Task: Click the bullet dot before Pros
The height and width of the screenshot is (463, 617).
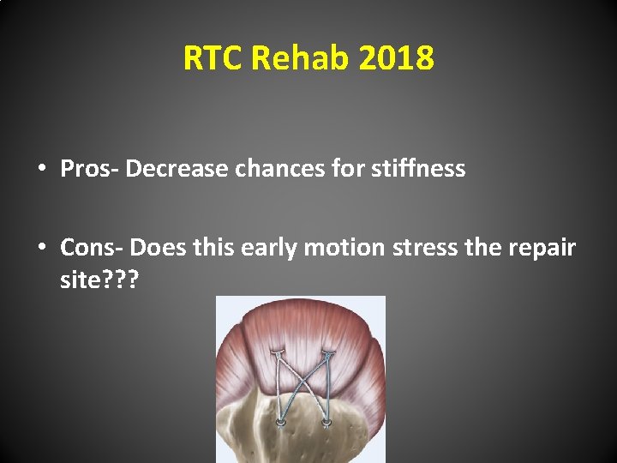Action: (x=42, y=169)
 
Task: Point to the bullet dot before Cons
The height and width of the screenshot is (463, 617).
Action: (x=42, y=249)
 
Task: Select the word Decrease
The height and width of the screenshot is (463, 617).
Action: (x=176, y=169)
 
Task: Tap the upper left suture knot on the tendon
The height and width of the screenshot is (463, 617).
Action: (x=277, y=352)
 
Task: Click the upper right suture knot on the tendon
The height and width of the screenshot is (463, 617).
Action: (x=327, y=352)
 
